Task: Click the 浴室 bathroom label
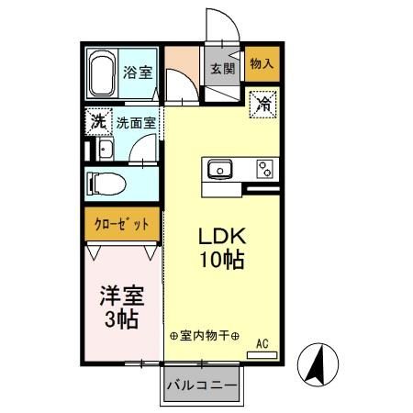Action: point(137,72)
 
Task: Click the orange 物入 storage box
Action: point(261,64)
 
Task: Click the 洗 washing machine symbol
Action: point(96,120)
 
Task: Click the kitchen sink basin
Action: point(221,170)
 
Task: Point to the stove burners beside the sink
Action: point(264,170)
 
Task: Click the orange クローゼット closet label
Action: point(120,223)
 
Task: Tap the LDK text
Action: point(221,236)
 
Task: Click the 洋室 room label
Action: point(120,296)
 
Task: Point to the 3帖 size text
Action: point(120,320)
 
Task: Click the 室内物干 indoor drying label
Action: point(204,337)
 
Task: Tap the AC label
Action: point(262,344)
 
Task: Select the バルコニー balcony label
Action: point(201,386)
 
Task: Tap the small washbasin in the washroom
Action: point(104,150)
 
